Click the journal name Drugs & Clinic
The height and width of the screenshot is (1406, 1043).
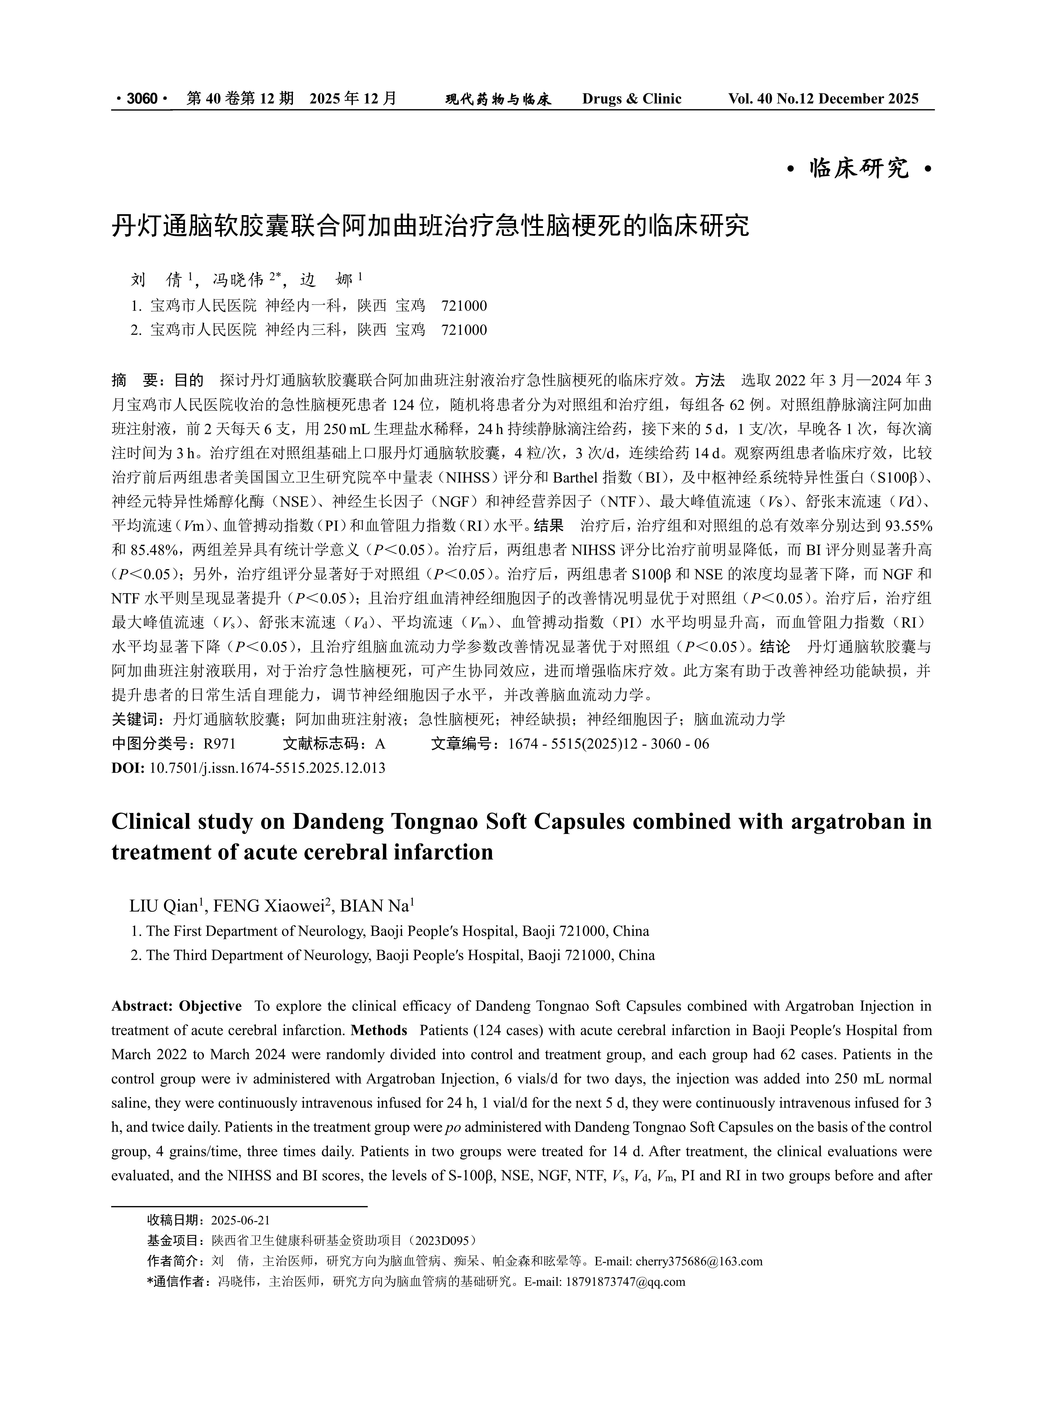pyautogui.click(x=631, y=99)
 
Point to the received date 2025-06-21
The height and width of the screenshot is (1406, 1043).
pyautogui.click(x=241, y=1220)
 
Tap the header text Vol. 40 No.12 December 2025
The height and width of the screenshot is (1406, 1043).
pyautogui.click(x=823, y=99)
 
